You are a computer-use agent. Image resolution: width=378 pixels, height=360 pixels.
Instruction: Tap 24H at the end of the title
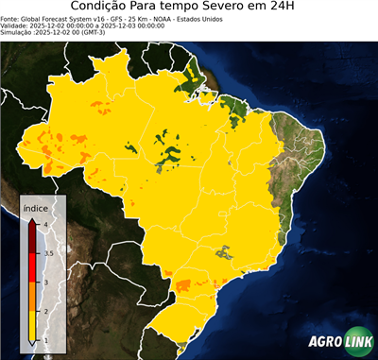point(289,9)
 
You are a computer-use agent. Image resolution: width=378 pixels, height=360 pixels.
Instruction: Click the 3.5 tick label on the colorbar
point(47,253)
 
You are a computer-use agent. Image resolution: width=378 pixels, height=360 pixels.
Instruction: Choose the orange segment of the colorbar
point(34,297)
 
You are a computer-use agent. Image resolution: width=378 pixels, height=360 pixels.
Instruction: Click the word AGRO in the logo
point(323,341)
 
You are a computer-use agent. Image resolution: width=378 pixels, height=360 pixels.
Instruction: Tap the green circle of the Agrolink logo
point(360,341)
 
